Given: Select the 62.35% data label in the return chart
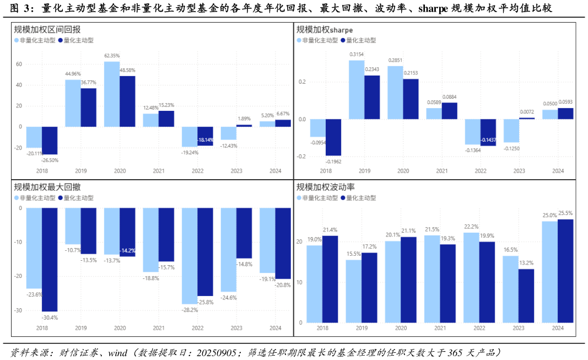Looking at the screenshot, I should pos(112,56).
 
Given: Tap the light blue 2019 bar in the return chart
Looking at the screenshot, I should pos(73,103).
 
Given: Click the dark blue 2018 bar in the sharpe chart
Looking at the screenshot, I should pos(333,137).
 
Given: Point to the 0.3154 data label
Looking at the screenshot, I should pos(357,54).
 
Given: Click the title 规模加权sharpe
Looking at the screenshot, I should pos(325,30).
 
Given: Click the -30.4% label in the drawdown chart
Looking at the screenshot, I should pos(50,317).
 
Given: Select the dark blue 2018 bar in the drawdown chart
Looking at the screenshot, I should pos(50,259).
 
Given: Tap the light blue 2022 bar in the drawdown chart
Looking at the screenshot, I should pos(190,256).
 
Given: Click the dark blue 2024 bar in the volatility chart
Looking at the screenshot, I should pos(565,271).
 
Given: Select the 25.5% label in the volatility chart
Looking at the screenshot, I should pos(565,213).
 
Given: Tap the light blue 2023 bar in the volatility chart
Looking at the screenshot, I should pos(510,289).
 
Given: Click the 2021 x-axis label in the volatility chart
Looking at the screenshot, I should pos(441,328).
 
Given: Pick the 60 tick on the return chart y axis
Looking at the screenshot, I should pos(19,65).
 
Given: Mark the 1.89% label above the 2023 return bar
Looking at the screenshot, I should pos(244,119).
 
